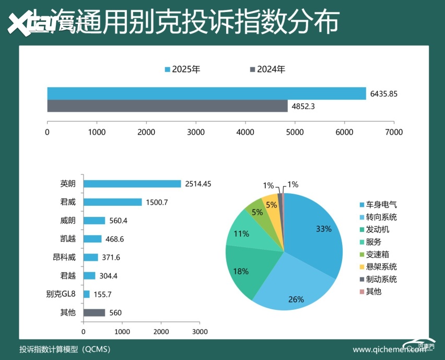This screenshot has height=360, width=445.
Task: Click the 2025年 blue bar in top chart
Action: (x=206, y=94)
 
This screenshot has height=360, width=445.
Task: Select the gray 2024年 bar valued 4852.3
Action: (x=167, y=106)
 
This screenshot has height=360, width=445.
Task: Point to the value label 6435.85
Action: (x=384, y=94)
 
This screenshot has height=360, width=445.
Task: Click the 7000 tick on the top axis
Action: (x=394, y=132)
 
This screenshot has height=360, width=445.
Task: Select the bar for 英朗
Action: (x=132, y=184)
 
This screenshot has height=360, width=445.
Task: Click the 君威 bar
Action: (x=112, y=202)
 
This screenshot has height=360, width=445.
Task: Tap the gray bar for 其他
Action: (x=94, y=312)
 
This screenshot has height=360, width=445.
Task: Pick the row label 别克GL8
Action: (x=61, y=294)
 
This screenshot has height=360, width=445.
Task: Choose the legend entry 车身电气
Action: (x=381, y=204)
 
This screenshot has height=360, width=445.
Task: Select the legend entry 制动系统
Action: (x=381, y=279)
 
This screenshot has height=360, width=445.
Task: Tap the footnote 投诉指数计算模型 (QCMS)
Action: (x=65, y=349)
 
